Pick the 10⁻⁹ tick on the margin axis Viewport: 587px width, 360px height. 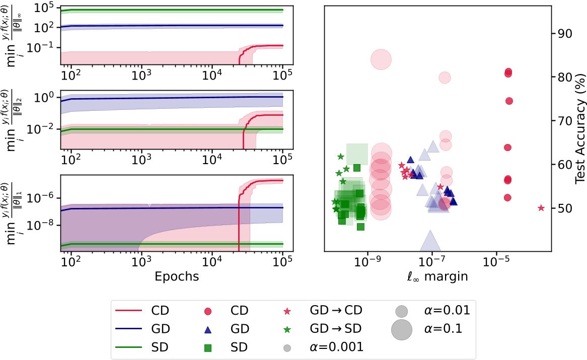pos(368,262)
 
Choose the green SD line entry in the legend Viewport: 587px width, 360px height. pos(132,346)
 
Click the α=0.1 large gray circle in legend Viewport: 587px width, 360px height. pos(401,330)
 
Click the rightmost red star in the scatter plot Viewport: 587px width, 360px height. pos(541,208)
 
